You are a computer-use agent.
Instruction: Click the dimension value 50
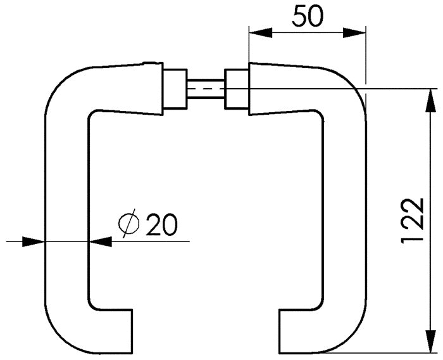[307, 16]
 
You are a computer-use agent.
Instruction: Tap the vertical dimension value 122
[413, 220]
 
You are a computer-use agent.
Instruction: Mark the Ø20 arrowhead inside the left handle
[99, 241]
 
